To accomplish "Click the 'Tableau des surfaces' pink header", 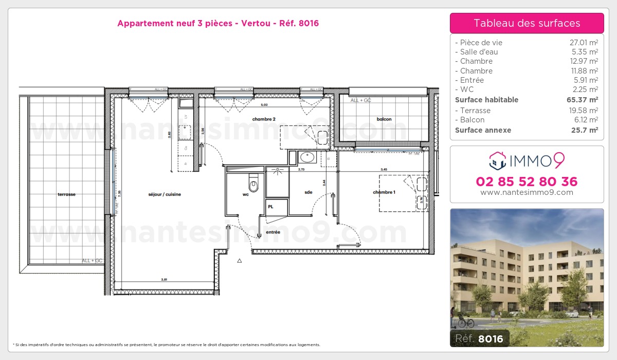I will click(527, 23).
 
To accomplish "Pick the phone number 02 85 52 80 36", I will click(527, 182).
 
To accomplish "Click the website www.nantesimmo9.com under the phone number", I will click(527, 192).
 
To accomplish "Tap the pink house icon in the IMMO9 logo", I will click(496, 160).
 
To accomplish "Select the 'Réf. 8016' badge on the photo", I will click(480, 338).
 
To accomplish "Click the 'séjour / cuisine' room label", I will click(165, 194).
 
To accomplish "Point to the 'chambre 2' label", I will click(264, 119).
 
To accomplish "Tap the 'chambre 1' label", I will click(384, 192).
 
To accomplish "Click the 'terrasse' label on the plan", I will click(67, 194).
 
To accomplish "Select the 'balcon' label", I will click(384, 119).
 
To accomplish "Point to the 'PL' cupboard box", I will click(270, 207).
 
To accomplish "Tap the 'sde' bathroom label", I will click(308, 192).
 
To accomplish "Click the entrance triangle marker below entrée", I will click(239, 261).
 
